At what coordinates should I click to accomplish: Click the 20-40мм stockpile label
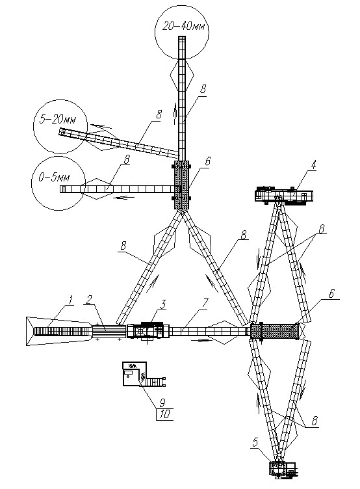[x=184, y=26]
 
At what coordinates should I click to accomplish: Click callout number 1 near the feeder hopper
[x=70, y=301]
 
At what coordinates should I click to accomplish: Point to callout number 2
[x=90, y=300]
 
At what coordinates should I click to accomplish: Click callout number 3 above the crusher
[x=162, y=304]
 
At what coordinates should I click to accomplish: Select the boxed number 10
[x=164, y=414]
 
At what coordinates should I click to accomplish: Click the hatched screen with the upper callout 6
[x=181, y=185]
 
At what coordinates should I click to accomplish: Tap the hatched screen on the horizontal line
[x=275, y=331]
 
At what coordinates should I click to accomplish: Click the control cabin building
[x=135, y=374]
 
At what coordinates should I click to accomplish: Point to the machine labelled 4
[x=284, y=196]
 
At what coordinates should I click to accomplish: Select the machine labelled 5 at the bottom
[x=283, y=469]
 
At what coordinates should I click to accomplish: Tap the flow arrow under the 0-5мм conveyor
[x=124, y=197]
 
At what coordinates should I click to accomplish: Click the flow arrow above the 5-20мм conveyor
[x=101, y=126]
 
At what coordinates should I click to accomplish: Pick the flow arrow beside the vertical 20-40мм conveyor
[x=176, y=114]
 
